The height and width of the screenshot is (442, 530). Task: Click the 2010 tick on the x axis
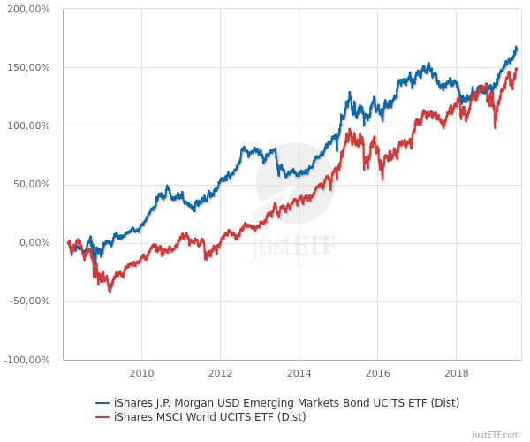click(x=141, y=372)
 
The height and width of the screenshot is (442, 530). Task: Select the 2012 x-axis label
click(x=220, y=372)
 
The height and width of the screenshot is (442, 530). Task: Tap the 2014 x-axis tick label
click(x=299, y=372)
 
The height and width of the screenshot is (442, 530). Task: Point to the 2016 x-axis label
click(x=377, y=372)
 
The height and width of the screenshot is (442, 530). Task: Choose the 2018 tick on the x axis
click(x=457, y=372)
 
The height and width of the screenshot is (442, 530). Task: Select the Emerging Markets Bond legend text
click(x=283, y=403)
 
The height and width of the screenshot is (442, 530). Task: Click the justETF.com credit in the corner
click(x=496, y=435)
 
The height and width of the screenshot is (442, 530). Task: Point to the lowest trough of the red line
click(x=110, y=291)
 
